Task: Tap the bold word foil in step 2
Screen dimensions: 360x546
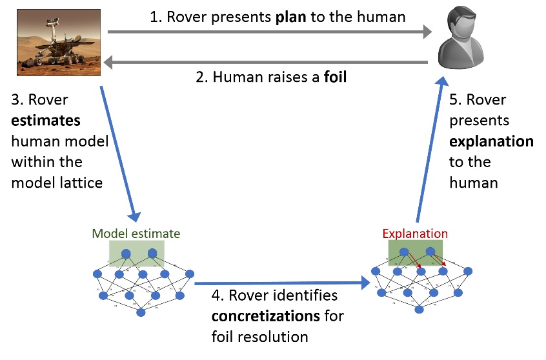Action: click(x=335, y=78)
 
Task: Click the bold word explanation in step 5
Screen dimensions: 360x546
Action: click(x=491, y=141)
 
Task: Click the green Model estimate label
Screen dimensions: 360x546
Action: click(x=136, y=234)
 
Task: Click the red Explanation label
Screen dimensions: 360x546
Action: click(x=415, y=234)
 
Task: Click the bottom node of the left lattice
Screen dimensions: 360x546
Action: click(x=140, y=313)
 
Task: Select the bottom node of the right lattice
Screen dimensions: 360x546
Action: click(x=419, y=310)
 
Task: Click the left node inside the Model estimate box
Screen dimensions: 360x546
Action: click(x=126, y=253)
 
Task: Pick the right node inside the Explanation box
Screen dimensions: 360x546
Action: click(x=431, y=252)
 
